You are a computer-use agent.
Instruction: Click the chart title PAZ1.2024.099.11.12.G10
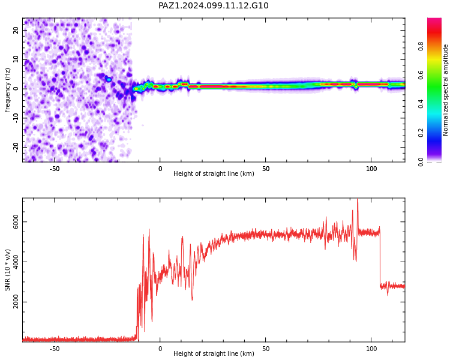click(214, 6)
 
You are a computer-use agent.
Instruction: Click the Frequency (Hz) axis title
click(7, 90)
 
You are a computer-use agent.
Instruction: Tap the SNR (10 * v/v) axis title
click(7, 270)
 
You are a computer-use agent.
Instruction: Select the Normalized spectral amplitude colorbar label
click(445, 90)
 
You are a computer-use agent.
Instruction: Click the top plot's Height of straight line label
click(214, 173)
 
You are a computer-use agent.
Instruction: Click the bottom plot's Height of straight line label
click(214, 353)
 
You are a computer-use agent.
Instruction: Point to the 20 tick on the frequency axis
click(16, 30)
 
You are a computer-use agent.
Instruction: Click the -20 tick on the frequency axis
click(16, 148)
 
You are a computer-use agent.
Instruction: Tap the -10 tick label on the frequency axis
click(16, 118)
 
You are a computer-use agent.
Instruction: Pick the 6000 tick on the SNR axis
click(16, 222)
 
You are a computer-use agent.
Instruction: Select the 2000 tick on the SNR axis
click(16, 302)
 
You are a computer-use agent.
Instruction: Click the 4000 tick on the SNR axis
click(16, 262)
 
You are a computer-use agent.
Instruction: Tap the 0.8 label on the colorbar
click(421, 46)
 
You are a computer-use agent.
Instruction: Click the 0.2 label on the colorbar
click(421, 133)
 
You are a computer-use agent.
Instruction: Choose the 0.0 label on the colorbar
click(421, 161)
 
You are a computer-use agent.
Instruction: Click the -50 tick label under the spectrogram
click(55, 169)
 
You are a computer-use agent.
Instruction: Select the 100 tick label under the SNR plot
click(371, 349)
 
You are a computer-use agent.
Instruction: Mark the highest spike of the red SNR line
click(358, 199)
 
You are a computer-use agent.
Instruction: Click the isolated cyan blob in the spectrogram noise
click(109, 80)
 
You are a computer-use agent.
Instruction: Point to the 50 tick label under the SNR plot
click(266, 349)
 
